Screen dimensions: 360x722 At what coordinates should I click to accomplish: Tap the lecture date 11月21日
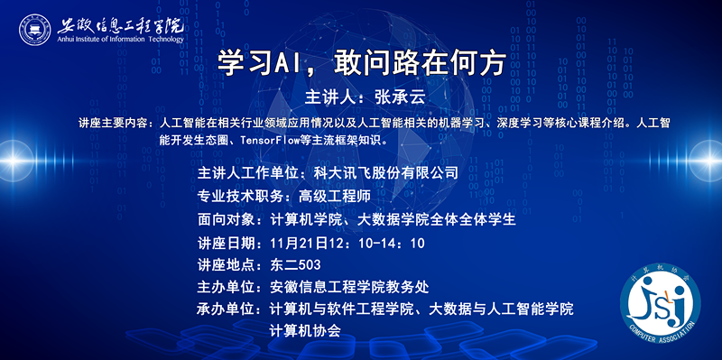pyautogui.click(x=302, y=243)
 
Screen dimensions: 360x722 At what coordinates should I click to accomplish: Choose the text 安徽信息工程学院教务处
pyautogui.click(x=349, y=288)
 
